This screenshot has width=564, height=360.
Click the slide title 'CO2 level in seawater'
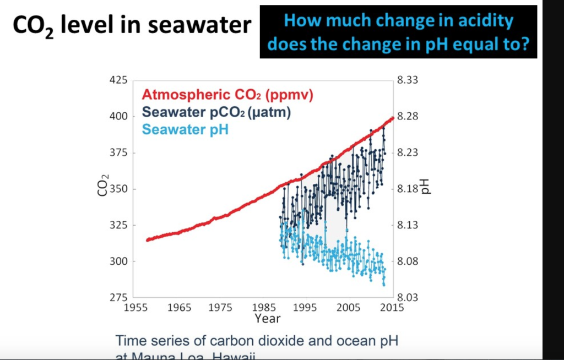coord(132,25)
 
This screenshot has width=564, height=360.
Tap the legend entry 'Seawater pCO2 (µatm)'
coord(216,112)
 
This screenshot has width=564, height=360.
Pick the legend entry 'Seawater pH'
coord(185,130)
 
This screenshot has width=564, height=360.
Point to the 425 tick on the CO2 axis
coord(118,80)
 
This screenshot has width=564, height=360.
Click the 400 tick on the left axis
coord(118,117)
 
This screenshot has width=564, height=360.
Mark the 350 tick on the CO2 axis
coord(118,189)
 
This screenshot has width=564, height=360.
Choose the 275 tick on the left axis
coord(118,297)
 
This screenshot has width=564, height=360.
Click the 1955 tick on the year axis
coord(134,308)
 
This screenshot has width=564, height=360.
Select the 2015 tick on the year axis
coord(393,308)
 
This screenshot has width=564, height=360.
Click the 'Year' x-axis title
coord(268,319)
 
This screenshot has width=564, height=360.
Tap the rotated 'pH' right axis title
coord(426,187)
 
